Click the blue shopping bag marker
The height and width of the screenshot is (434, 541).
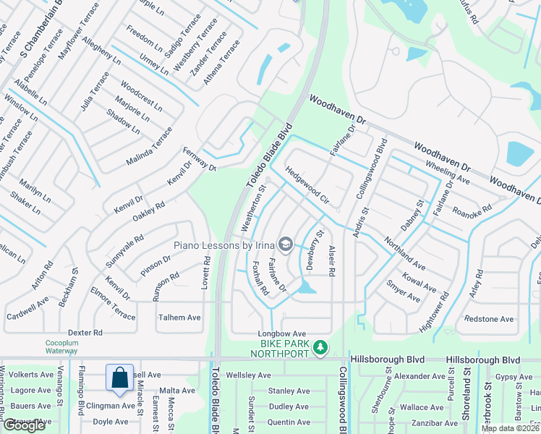point(119,378)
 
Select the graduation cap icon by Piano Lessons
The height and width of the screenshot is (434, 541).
point(286,245)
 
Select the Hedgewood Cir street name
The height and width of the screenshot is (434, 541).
point(307,186)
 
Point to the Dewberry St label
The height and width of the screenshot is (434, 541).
point(312,250)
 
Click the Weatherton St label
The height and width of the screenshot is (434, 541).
point(254,208)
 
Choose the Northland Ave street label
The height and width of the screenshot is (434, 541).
point(404,250)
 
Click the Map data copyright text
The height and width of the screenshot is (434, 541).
point(511,428)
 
